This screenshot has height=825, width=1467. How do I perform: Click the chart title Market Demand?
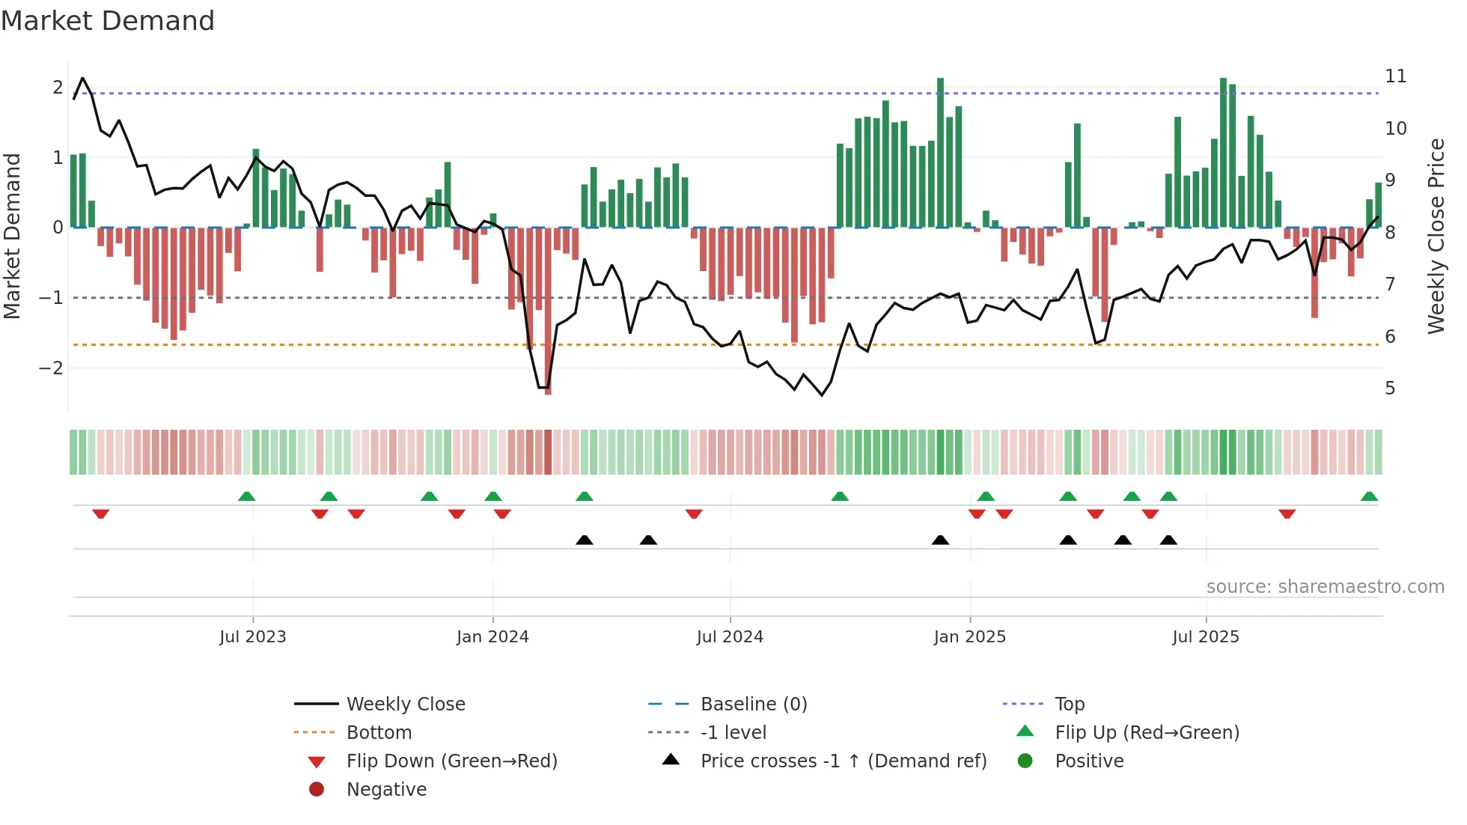(108, 21)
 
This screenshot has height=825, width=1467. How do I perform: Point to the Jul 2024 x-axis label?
(730, 637)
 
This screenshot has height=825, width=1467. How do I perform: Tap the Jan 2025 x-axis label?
(969, 637)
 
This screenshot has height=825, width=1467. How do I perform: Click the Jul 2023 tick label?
(253, 637)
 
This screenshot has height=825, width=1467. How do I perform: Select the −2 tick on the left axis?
(51, 368)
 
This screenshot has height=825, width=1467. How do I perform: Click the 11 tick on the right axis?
(1395, 76)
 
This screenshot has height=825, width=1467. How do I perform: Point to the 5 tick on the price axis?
(1390, 389)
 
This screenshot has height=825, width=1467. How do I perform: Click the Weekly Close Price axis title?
(1436, 236)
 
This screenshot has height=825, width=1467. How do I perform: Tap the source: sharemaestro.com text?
(1325, 587)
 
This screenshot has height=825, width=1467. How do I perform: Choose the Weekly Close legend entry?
(406, 704)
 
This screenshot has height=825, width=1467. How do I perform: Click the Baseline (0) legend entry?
(754, 704)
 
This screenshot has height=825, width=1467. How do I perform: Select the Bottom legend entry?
(379, 733)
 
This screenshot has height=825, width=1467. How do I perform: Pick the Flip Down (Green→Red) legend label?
(451, 761)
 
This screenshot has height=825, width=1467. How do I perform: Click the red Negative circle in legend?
(317, 789)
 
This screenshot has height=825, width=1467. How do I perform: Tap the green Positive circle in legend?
(1025, 761)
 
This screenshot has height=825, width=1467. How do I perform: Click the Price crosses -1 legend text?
(844, 761)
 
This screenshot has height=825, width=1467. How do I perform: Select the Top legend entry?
(1070, 704)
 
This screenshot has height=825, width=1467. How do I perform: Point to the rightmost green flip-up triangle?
(1369, 496)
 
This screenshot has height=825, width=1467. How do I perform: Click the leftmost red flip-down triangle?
(101, 514)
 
